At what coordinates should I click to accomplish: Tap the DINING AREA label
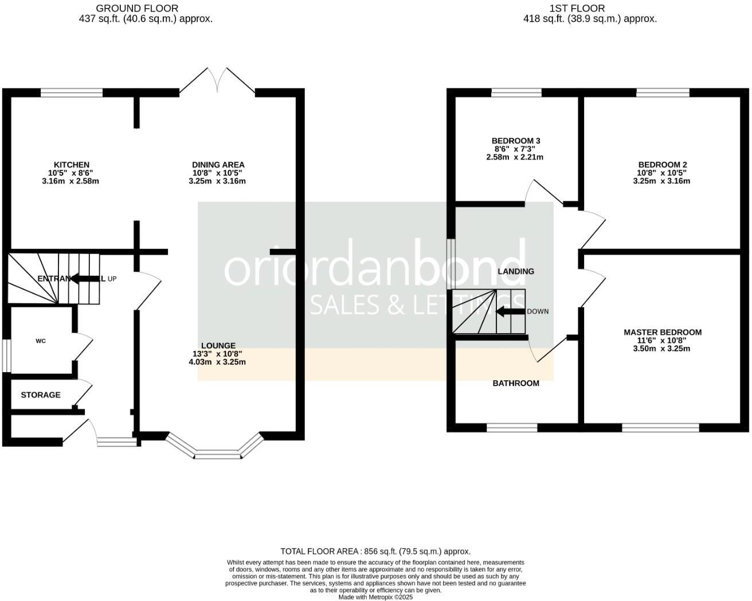218,165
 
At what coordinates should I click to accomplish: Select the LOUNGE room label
218,346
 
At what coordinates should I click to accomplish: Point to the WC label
41,341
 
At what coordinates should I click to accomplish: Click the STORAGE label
41,395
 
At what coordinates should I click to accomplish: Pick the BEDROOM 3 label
516,141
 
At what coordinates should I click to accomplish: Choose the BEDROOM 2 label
662,164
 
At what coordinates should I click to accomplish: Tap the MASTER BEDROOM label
663,332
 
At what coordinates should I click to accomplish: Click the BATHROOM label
516,383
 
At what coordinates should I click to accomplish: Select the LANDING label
516,271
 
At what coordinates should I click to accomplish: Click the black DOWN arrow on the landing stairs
510,312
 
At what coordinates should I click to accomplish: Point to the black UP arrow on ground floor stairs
85,279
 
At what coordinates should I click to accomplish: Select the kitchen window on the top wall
72,92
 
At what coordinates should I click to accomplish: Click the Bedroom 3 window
516,92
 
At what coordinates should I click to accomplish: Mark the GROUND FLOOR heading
137,8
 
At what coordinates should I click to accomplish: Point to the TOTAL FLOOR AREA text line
375,551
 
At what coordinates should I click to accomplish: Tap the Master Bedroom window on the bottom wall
661,427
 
